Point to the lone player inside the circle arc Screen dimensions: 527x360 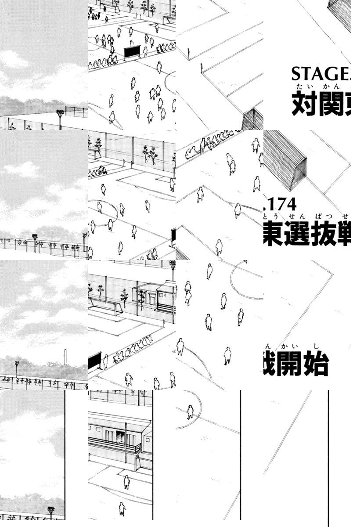190,412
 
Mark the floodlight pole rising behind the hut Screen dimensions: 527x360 173,270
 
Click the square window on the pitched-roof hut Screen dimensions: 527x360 151,298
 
